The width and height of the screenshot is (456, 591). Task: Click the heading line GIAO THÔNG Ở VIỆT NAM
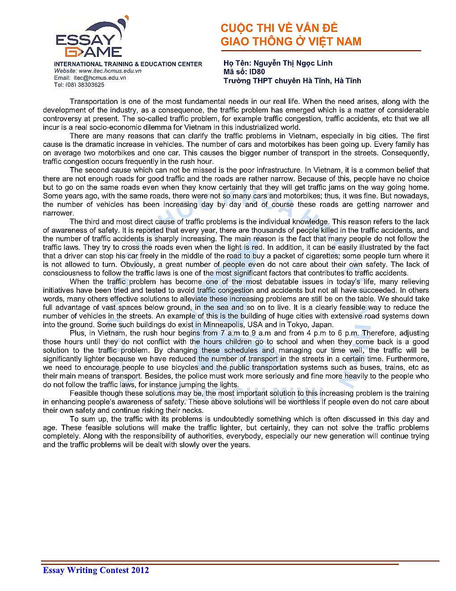291,42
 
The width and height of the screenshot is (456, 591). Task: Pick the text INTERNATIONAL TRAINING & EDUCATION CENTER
128,64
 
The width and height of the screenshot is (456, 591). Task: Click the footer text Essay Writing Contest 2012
96,570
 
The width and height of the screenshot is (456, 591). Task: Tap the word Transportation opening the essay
93,102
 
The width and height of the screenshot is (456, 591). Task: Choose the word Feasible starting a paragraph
84,393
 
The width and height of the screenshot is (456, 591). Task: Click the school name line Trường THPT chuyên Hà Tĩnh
292,81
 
